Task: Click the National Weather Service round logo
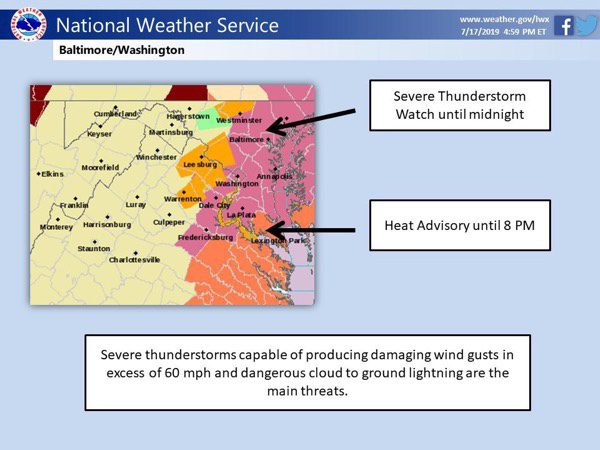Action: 29,24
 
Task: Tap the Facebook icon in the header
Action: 564,26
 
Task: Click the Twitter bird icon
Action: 586,26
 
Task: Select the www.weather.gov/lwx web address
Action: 504,19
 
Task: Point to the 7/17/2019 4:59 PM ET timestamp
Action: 503,32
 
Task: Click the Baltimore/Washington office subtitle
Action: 122,50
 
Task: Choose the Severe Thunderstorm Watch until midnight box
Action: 460,105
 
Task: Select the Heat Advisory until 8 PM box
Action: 460,225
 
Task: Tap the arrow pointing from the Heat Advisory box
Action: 310,230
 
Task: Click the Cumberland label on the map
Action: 115,114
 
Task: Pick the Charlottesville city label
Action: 134,260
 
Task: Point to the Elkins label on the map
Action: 52,174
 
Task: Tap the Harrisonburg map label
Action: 107,225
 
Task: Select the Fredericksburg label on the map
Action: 205,238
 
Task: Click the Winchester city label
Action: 156,157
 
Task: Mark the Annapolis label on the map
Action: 274,176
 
